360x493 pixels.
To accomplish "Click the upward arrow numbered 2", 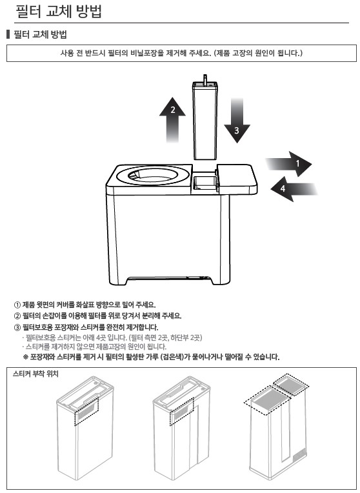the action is point(172,120).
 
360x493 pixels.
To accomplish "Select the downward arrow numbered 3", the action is point(237,121).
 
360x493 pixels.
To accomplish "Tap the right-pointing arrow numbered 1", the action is point(288,164).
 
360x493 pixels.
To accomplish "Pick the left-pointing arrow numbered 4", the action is point(294,188).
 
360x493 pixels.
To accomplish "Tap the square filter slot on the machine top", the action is point(205,183).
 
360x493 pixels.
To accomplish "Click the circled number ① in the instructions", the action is point(17,305).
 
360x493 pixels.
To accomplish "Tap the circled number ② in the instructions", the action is point(17,316).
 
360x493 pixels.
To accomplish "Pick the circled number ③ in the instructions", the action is point(17,327).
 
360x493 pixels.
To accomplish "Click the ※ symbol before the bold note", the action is point(26,357).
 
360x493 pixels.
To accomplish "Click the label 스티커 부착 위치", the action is point(35,374).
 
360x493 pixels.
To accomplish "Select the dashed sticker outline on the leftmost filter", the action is point(86,411).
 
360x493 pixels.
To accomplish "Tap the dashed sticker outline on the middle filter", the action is point(182,411).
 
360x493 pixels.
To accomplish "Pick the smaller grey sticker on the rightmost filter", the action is point(291,384).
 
